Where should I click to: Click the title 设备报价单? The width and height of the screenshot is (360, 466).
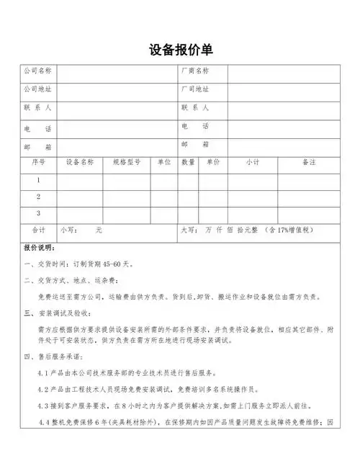180,50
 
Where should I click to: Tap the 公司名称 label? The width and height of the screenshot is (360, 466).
37,71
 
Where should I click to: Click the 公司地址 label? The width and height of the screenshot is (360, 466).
37,89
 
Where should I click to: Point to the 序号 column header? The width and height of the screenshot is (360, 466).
38,163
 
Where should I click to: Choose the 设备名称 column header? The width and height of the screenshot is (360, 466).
80,163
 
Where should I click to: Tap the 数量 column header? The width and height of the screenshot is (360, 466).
189,163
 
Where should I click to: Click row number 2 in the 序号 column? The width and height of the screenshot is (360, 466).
38,197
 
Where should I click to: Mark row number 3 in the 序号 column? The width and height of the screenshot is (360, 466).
38,214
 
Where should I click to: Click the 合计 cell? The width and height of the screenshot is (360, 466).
38,230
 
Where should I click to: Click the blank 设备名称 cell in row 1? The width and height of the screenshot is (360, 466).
80,180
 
